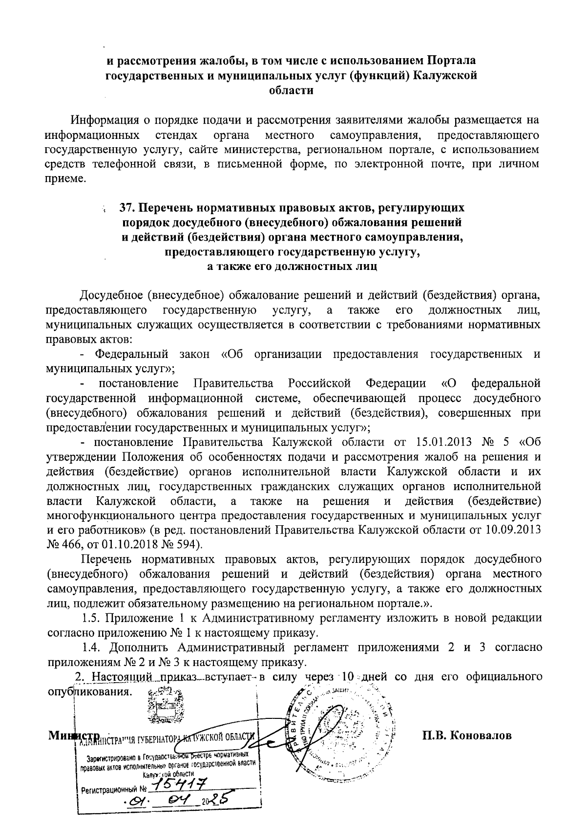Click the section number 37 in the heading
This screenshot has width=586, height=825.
click(x=128, y=208)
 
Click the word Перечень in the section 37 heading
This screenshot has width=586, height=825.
click(x=168, y=208)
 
